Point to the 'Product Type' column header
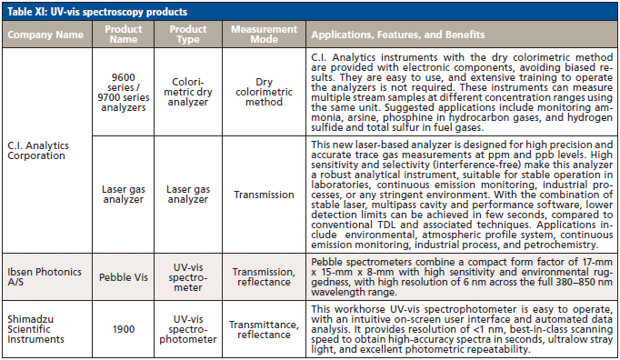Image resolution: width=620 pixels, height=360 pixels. [x=186, y=35]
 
